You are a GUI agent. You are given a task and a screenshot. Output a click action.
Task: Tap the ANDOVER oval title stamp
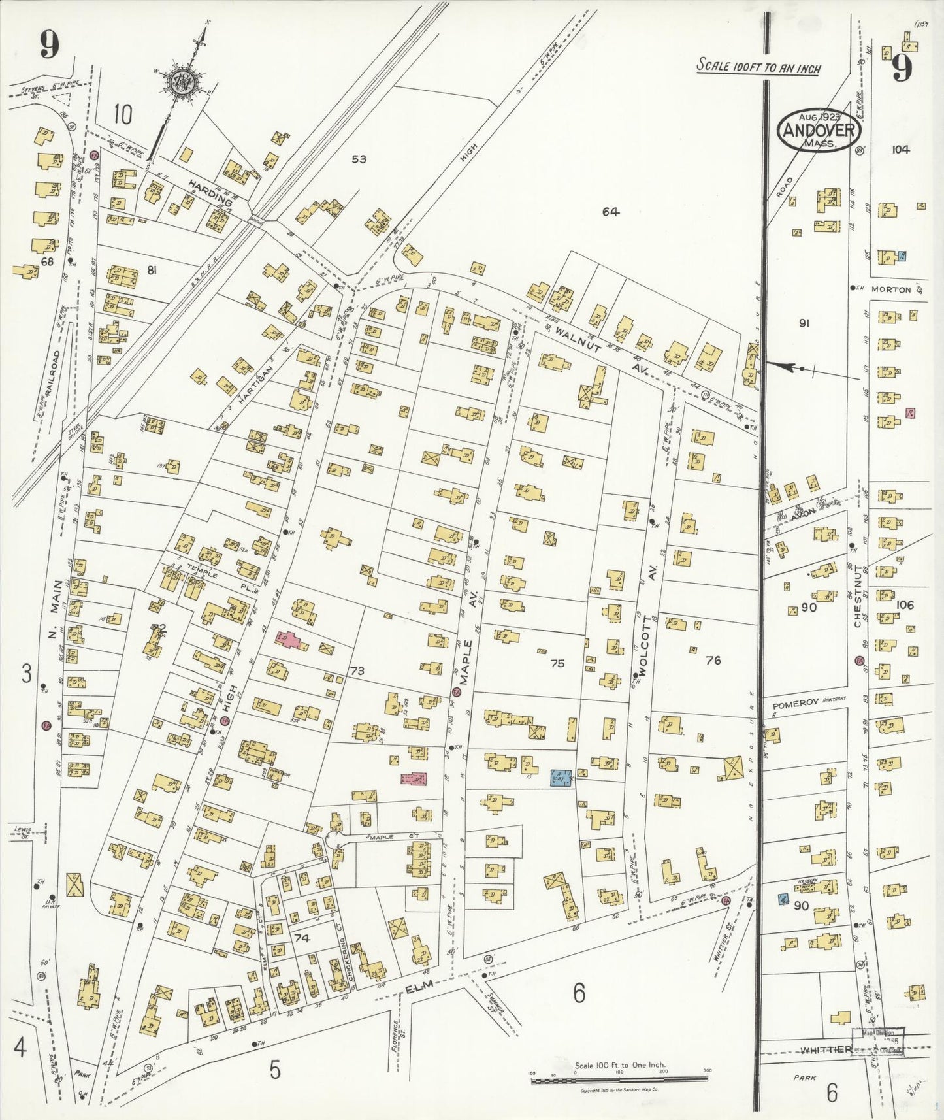point(819,130)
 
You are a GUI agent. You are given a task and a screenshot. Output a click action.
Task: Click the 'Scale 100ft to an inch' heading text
point(758,66)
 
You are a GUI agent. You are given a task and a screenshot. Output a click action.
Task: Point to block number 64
point(611,211)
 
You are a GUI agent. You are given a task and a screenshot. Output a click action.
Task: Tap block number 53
point(359,159)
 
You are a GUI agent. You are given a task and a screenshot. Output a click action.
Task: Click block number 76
point(713,661)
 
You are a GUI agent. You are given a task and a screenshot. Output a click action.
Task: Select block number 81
point(152,270)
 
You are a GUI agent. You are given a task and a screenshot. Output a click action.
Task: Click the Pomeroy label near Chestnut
point(794,705)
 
